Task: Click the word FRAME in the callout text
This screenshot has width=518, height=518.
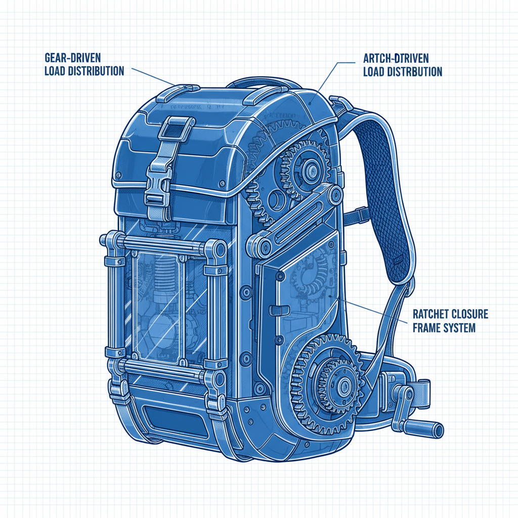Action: coord(426,328)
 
